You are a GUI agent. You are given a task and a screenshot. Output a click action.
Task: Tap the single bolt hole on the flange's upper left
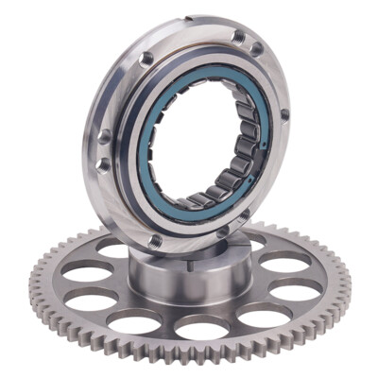143,59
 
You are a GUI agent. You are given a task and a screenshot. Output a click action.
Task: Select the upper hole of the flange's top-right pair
238,37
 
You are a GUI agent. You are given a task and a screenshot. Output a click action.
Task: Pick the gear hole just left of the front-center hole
133,322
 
